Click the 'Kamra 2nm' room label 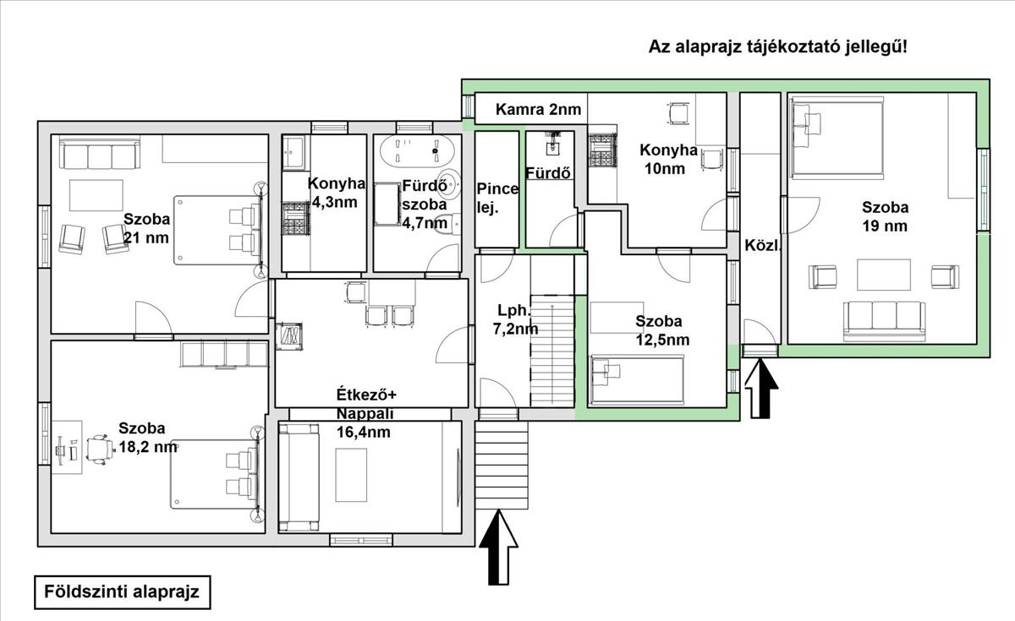(538, 109)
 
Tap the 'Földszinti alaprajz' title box (123, 592)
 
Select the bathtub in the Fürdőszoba (417, 150)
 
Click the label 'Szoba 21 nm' (146, 228)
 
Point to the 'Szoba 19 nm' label (885, 216)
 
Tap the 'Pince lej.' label (497, 199)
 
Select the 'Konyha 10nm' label (667, 159)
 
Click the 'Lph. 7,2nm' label (515, 319)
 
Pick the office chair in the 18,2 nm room (100, 449)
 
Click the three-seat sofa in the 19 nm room (884, 321)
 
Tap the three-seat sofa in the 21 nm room (100, 155)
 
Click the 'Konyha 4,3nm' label (337, 193)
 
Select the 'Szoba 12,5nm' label (662, 330)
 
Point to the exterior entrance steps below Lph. (502, 465)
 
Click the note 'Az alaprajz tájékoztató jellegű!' (777, 47)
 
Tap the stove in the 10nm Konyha (602, 150)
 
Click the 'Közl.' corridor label (763, 245)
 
